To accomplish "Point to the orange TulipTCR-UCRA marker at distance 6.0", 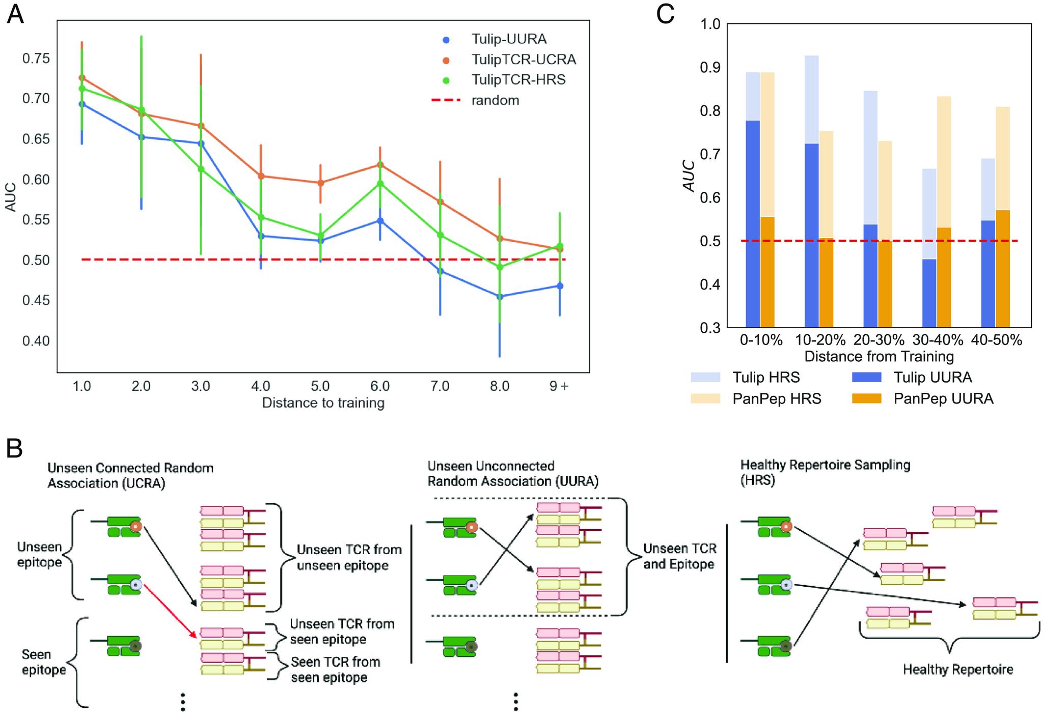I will coord(380,164).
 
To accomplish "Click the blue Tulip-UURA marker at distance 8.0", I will coord(500,296).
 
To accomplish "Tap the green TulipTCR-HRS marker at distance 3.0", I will coord(201,169).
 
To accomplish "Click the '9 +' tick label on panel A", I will coord(559,386).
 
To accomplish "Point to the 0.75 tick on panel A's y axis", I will coord(36,59).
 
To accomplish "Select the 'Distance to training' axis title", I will coord(323,403).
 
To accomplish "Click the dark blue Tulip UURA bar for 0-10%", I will coord(753,224).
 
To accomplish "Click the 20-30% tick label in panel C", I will coord(879,340).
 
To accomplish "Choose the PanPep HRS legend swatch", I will coord(705,398).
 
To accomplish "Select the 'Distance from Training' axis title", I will coord(879,356).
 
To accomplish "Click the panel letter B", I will coord(14,448).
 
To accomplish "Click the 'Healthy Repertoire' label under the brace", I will coord(957,669).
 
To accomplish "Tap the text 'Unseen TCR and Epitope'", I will coord(679,556).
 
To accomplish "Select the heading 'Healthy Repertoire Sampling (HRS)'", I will coord(825,472).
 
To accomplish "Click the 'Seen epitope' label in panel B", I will coord(44,662).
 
